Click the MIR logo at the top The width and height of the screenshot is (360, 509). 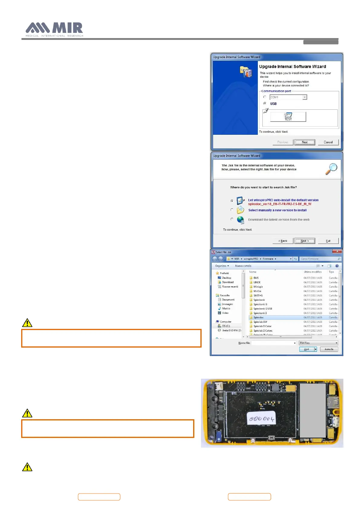(x=54, y=29)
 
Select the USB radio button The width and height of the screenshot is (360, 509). (x=265, y=103)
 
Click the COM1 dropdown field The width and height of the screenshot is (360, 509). (x=288, y=97)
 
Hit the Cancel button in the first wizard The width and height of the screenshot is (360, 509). (x=328, y=142)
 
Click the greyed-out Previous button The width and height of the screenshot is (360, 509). (x=283, y=142)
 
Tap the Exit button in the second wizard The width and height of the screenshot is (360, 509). (x=328, y=241)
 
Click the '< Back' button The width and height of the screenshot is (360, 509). (x=283, y=241)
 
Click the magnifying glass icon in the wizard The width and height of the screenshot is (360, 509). (x=331, y=169)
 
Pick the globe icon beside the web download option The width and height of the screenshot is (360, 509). (x=241, y=220)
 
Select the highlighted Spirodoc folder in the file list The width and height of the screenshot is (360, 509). (x=259, y=317)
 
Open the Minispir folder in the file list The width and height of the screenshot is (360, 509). (x=258, y=287)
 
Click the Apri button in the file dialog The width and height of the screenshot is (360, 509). (x=306, y=349)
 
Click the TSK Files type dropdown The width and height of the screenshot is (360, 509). (x=318, y=343)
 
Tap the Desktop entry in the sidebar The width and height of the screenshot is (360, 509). (x=226, y=278)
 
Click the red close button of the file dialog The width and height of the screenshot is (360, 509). (x=337, y=251)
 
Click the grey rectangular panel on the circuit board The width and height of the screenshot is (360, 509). (x=313, y=410)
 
